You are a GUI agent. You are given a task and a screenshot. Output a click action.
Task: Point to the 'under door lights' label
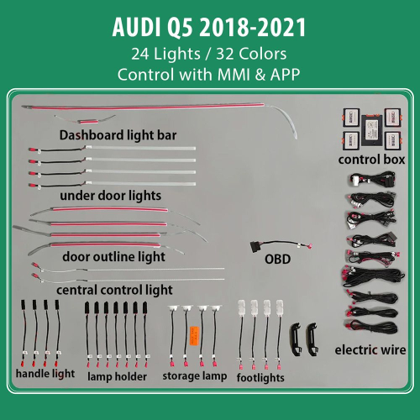tap(111, 195)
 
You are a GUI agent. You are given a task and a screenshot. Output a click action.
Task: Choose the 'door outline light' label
tap(114, 255)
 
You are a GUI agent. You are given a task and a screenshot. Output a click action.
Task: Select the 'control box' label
tap(371, 159)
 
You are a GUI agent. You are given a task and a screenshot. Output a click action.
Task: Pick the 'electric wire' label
tap(370, 349)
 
